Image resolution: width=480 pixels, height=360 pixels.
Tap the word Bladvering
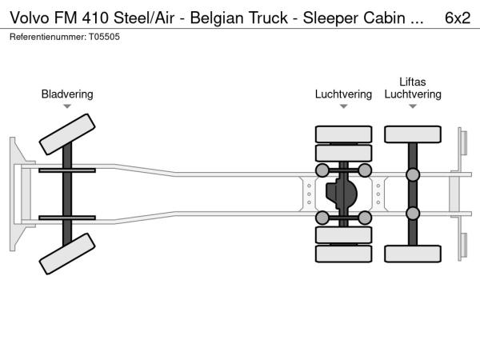[x=67, y=94]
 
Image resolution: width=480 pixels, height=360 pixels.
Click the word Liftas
[x=412, y=82]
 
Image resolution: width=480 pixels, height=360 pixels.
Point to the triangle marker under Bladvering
[x=67, y=106]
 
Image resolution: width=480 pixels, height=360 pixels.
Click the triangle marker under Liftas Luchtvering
[x=413, y=106]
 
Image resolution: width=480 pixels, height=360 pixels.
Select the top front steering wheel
[x=67, y=133]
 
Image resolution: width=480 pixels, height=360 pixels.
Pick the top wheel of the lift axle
[x=413, y=135]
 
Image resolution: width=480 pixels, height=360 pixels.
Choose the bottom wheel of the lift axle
[x=413, y=253]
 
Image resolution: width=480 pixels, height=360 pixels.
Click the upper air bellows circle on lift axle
[x=413, y=175]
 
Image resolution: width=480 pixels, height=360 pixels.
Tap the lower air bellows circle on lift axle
[x=413, y=213]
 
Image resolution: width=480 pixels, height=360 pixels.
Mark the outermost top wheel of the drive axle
[x=344, y=134]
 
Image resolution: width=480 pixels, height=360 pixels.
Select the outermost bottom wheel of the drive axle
[x=344, y=254]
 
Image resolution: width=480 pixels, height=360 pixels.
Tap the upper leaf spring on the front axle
[x=67, y=170]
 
